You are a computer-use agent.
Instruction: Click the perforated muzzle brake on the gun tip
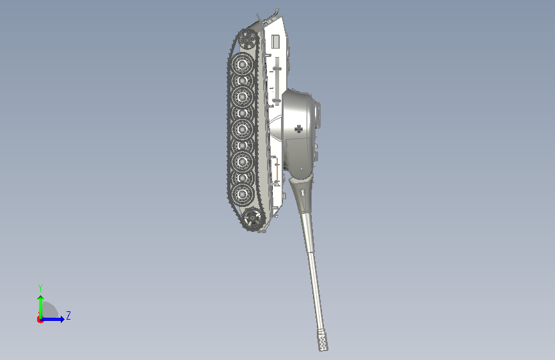coord(322,340)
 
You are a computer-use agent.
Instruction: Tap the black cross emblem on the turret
coord(299,129)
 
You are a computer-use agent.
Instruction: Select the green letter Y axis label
coord(40,288)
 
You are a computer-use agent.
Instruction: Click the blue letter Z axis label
coord(68,315)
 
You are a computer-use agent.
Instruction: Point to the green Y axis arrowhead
coord(41,299)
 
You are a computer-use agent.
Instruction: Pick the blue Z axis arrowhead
coord(62,319)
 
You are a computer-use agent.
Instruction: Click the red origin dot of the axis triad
coord(40,320)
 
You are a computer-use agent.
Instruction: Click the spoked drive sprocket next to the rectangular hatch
coord(247,39)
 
